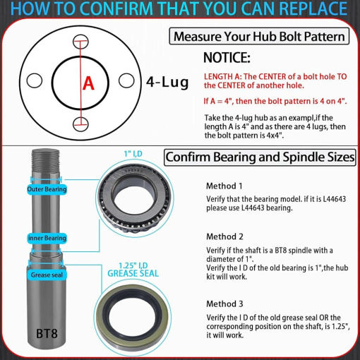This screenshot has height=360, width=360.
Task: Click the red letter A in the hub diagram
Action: [x=88, y=83]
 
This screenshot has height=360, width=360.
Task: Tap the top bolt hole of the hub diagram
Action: [x=80, y=42]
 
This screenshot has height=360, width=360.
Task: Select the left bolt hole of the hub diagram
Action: [x=35, y=80]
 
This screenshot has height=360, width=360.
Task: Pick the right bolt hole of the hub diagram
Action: [x=126, y=80]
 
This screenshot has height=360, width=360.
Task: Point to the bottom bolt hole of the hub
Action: [x=80, y=124]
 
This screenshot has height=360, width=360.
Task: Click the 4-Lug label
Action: [x=167, y=82]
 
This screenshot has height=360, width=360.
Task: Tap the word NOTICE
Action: [x=227, y=58]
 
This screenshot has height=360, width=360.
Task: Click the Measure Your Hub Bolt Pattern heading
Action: [x=259, y=37]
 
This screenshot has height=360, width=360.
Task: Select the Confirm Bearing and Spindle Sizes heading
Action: [x=260, y=157]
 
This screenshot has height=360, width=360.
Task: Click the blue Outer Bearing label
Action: [x=47, y=189]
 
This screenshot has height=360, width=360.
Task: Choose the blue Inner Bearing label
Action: [x=47, y=239]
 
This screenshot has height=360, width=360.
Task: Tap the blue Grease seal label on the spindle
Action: [x=47, y=275]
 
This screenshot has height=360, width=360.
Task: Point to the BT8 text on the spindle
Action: [x=47, y=333]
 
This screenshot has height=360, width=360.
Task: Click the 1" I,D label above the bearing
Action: [x=133, y=154]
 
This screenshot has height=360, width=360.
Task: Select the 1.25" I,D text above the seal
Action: [x=133, y=266]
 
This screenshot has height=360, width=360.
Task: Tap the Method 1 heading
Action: [x=224, y=186]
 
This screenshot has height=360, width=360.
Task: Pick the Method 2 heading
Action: [x=224, y=236]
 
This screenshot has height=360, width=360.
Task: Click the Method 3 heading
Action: [x=224, y=304]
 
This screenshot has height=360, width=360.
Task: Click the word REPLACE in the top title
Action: [x=313, y=8]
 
